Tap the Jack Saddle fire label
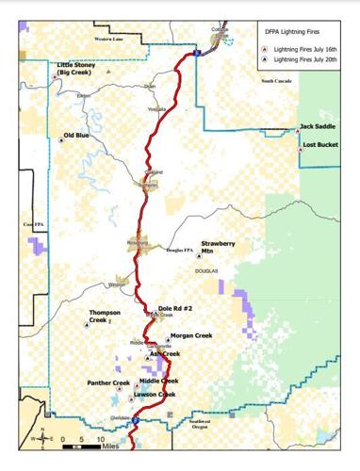(317, 125)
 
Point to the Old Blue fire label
(76, 136)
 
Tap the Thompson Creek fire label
(104, 317)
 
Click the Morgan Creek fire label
(191, 335)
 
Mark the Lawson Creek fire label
(155, 394)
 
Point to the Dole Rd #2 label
(175, 307)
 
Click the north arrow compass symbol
(42, 437)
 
